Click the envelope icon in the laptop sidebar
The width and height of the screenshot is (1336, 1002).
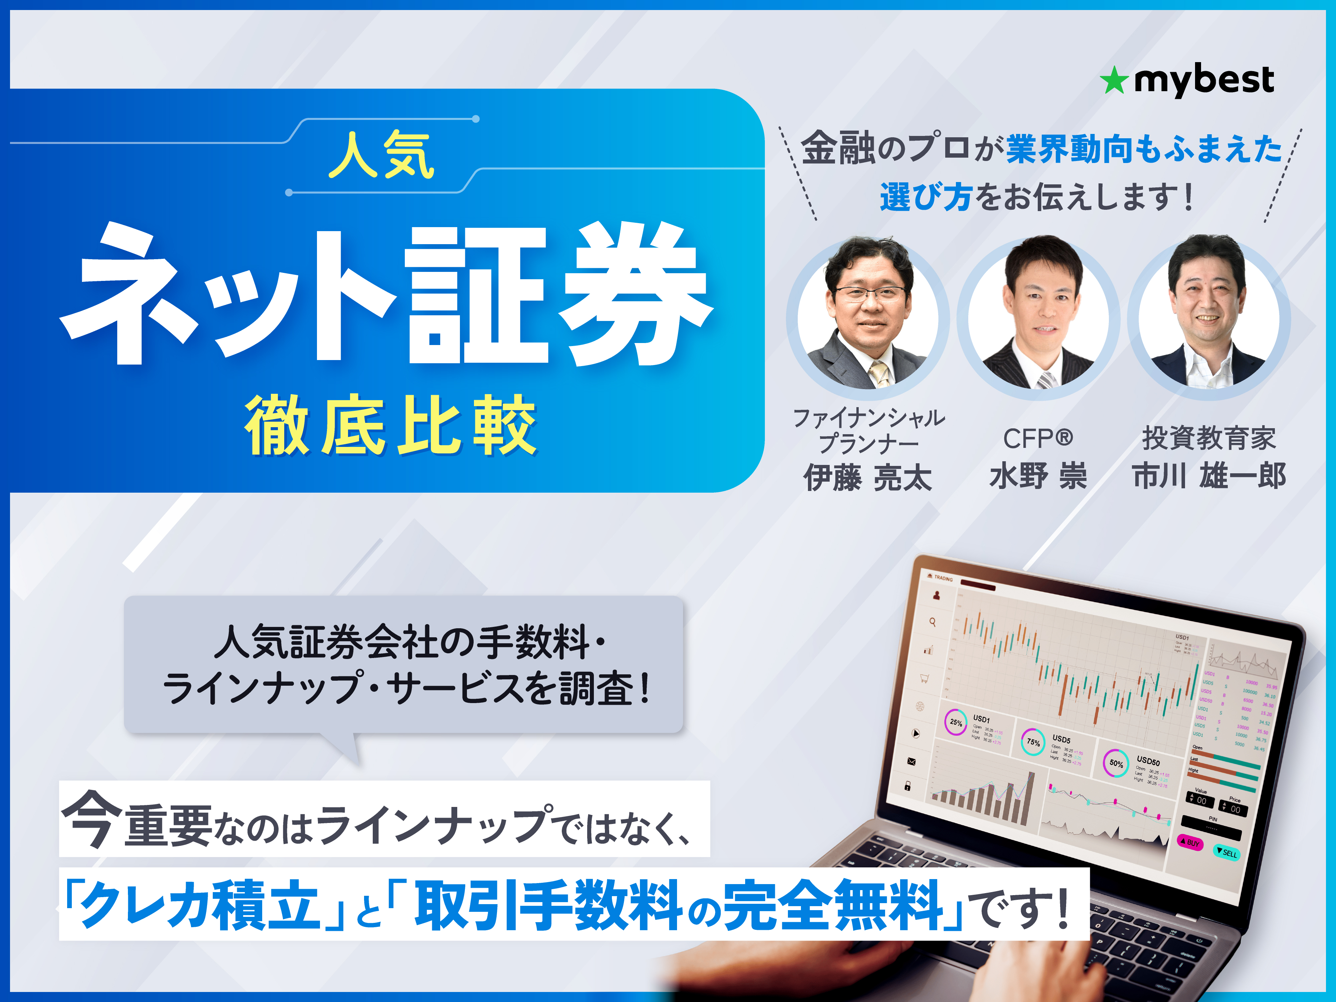tap(911, 762)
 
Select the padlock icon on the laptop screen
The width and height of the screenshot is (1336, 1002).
tap(907, 786)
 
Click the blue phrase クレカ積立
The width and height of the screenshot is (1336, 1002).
tap(199, 904)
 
